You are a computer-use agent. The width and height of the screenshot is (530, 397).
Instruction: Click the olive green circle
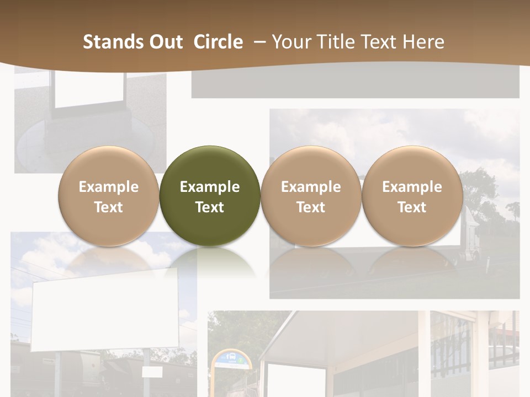pyautogui.click(x=210, y=196)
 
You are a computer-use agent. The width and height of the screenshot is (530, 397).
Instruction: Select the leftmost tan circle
pyautogui.click(x=109, y=196)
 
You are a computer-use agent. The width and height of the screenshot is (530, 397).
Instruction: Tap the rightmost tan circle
pyautogui.click(x=412, y=196)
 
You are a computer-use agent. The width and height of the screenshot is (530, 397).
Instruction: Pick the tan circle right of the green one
pyautogui.click(x=311, y=196)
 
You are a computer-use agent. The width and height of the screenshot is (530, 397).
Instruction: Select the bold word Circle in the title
pyautogui.click(x=218, y=42)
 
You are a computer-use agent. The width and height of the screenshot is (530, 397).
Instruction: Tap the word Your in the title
pyautogui.click(x=290, y=42)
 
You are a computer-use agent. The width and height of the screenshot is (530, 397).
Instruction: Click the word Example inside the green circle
pyautogui.click(x=210, y=187)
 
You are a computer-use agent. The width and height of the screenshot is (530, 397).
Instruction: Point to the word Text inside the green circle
pyautogui.click(x=210, y=207)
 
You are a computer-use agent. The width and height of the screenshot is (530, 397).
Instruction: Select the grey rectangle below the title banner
pyautogui.click(x=355, y=83)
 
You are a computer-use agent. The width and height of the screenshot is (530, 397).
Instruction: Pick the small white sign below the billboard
pyautogui.click(x=152, y=372)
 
